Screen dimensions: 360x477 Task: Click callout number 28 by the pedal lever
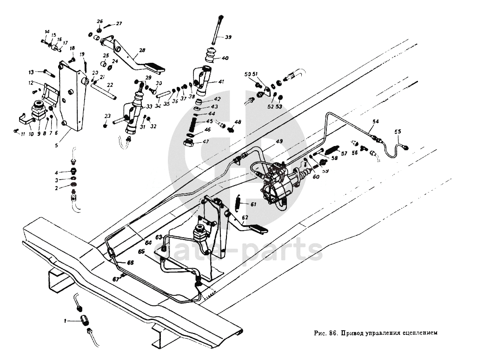point(142,51)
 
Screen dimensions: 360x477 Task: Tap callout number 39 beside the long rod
point(228,37)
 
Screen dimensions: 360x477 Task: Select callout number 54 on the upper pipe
point(375,121)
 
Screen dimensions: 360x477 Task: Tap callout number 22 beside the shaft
point(110,85)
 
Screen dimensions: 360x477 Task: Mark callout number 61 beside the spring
point(253,204)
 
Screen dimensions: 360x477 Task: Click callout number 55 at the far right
point(397,132)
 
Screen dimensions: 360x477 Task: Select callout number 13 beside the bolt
point(31,72)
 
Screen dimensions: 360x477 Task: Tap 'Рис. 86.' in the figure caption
point(325,333)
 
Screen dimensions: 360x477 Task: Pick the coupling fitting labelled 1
point(86,321)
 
